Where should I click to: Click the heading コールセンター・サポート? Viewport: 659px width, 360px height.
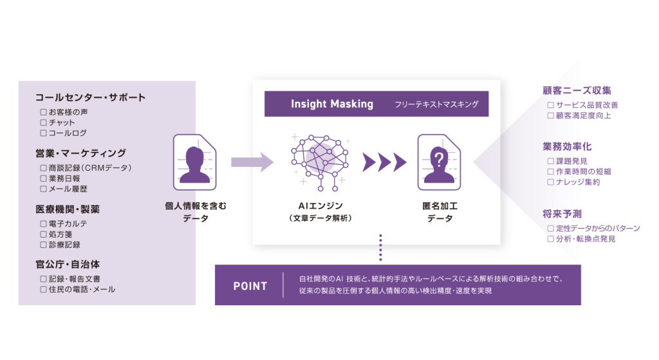coord(90,98)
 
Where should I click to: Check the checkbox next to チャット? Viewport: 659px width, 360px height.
coord(43,122)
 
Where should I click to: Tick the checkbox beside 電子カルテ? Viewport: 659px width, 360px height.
coord(43,223)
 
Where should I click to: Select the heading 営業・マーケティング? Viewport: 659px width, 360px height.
coord(80,153)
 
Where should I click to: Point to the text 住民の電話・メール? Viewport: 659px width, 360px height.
coord(82,290)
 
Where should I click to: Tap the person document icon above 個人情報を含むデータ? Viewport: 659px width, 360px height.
coord(196,162)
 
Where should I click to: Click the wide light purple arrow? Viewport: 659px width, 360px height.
coord(252,162)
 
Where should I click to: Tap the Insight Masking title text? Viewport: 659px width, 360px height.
coord(331,104)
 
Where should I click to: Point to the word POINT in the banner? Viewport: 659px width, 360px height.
coord(250,285)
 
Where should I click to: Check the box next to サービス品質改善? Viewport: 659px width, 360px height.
coord(550,105)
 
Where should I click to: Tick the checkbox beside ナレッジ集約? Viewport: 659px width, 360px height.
coord(550,182)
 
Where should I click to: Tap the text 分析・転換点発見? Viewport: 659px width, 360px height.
coord(586,239)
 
